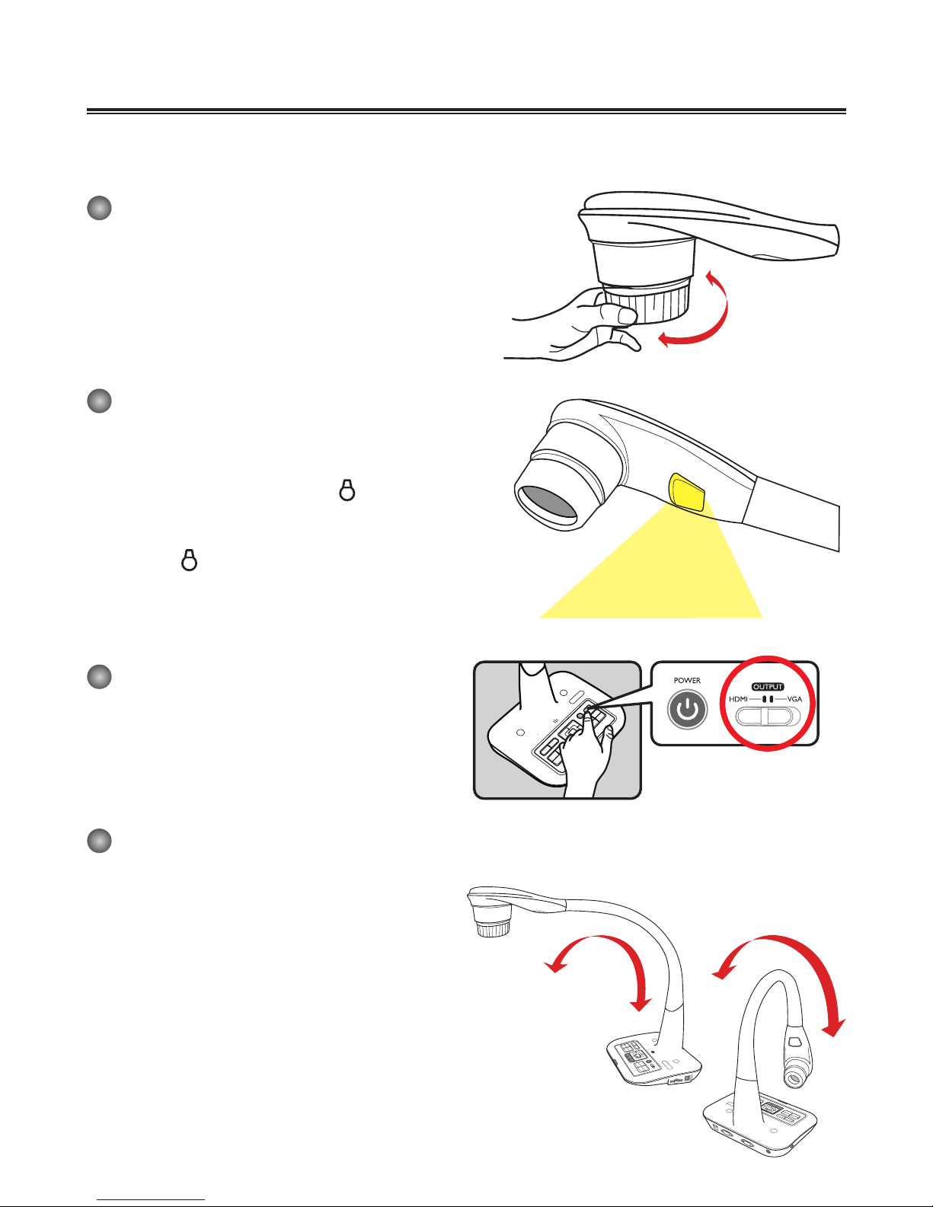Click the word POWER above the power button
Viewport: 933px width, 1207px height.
[687, 681]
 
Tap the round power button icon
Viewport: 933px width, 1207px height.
[688, 709]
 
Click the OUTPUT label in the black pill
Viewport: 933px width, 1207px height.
[768, 687]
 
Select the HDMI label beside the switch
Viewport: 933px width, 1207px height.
[738, 699]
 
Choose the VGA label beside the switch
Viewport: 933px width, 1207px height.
[794, 699]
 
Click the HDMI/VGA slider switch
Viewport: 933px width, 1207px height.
[768, 717]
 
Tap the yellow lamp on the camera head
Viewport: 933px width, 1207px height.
[688, 493]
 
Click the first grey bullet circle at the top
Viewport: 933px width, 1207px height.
[100, 208]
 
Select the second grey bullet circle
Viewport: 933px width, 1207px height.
[100, 401]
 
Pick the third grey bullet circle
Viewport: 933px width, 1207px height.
[100, 676]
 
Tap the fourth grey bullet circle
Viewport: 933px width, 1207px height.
[100, 841]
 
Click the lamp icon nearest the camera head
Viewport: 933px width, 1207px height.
[347, 490]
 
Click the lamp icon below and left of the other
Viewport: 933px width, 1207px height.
[190, 560]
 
